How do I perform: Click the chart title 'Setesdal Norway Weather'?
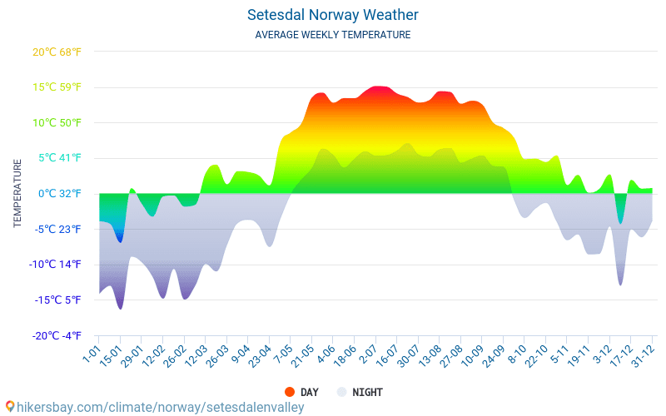(x=332, y=15)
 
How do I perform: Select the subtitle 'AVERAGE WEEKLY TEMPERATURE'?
(x=332, y=35)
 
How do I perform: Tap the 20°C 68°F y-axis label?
(x=57, y=52)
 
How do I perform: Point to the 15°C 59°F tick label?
(x=57, y=87)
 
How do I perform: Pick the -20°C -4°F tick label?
(x=57, y=335)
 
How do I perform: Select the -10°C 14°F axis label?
(x=57, y=265)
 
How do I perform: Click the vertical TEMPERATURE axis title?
(x=17, y=194)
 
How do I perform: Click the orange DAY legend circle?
(x=290, y=392)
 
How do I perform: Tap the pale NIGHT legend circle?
(x=341, y=392)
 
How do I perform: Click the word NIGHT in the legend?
(x=367, y=392)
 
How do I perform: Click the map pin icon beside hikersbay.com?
(x=9, y=407)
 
